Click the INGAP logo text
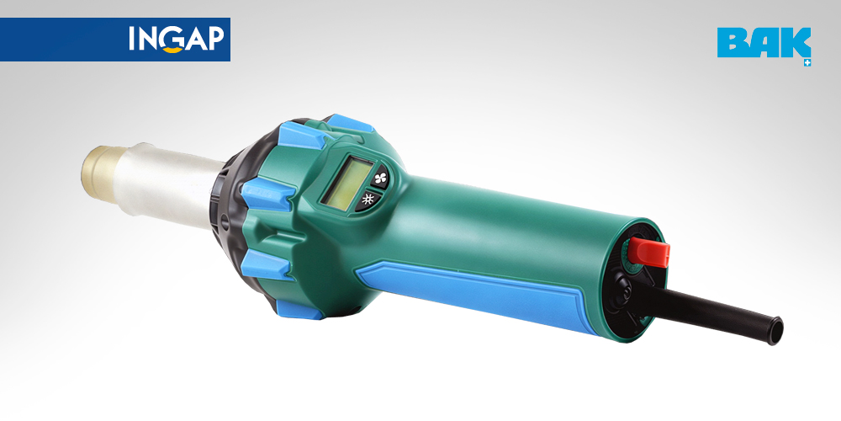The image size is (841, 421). point(177,40)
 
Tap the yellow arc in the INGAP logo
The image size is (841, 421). point(172,50)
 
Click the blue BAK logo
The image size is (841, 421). point(764,43)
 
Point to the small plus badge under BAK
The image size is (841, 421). point(807,63)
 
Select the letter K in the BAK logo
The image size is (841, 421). point(795,43)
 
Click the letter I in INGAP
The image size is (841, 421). point(132,39)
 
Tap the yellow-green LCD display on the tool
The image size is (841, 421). point(347,184)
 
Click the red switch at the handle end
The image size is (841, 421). point(650,251)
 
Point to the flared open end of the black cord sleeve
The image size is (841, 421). point(775,330)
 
